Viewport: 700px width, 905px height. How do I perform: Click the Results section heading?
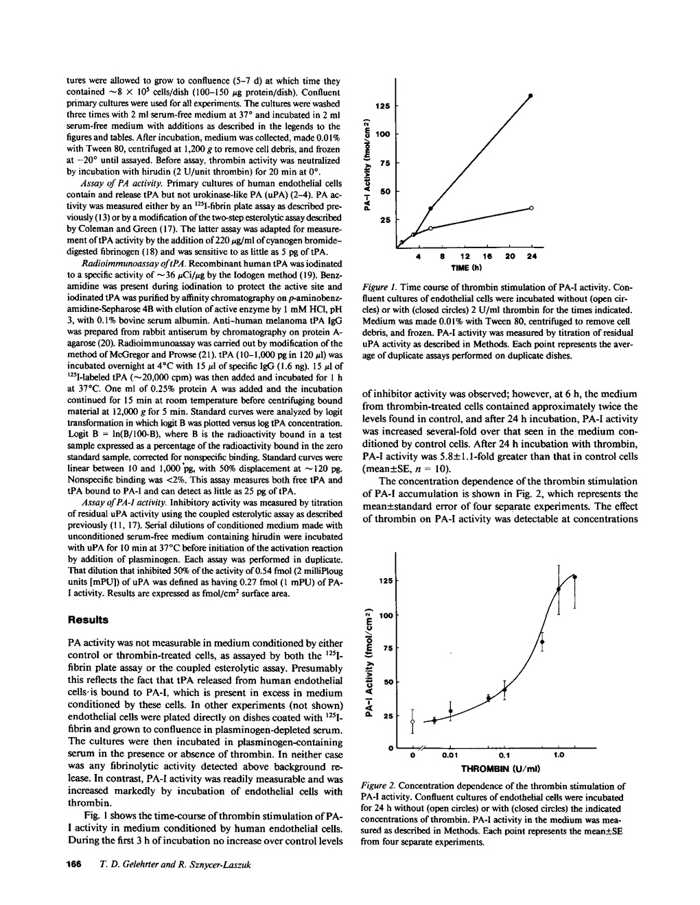(89, 620)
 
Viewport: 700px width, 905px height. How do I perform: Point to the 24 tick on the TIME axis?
(532, 256)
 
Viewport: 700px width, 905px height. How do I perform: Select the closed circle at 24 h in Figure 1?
(531, 95)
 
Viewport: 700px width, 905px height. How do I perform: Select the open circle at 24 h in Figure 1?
(531, 207)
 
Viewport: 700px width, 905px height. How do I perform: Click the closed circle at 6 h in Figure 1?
(431, 208)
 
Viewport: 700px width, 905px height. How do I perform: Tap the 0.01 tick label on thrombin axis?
(450, 756)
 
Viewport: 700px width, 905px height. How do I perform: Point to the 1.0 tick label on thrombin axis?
(559, 756)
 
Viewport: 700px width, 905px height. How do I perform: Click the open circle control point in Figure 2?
(412, 722)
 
